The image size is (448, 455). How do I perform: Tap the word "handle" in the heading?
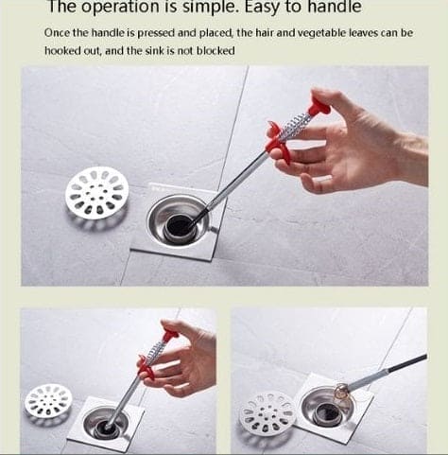335,7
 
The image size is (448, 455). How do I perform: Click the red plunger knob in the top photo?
319,107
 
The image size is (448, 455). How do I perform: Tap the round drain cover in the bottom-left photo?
48,401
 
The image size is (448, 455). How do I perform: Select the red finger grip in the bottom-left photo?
145,367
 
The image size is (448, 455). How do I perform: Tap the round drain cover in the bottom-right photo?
267,412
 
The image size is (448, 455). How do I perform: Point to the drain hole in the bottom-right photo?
327,413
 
